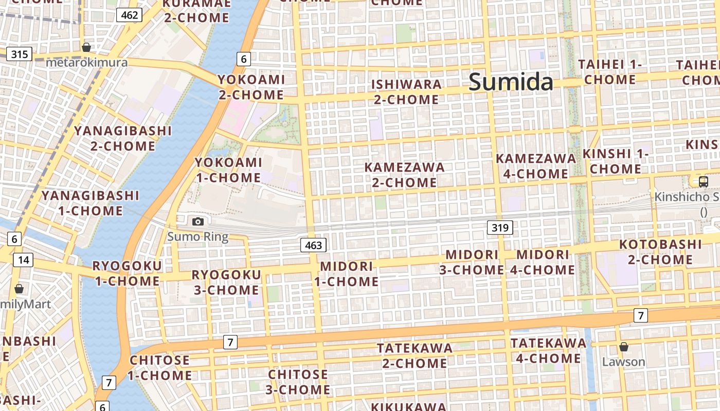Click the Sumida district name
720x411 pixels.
click(511, 82)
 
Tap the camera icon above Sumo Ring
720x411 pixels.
click(198, 221)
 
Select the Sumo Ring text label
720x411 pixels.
click(198, 237)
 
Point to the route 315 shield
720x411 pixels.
click(20, 54)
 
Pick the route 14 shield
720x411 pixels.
click(23, 259)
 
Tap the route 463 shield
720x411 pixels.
click(313, 245)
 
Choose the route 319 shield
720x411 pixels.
click(500, 227)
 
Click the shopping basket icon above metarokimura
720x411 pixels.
click(86, 47)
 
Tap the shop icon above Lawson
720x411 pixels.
click(623, 347)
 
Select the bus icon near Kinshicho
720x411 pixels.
click(703, 181)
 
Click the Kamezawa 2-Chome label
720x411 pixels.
click(404, 175)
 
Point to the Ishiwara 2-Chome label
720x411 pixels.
click(406, 92)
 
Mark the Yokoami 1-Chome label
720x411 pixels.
click(228, 170)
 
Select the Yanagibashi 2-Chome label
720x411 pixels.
click(122, 138)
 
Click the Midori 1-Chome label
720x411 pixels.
click(346, 274)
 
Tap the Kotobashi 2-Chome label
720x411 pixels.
click(660, 252)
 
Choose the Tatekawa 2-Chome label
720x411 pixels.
click(415, 356)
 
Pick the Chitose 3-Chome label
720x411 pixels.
click(298, 382)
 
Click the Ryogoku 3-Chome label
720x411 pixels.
click(226, 282)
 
